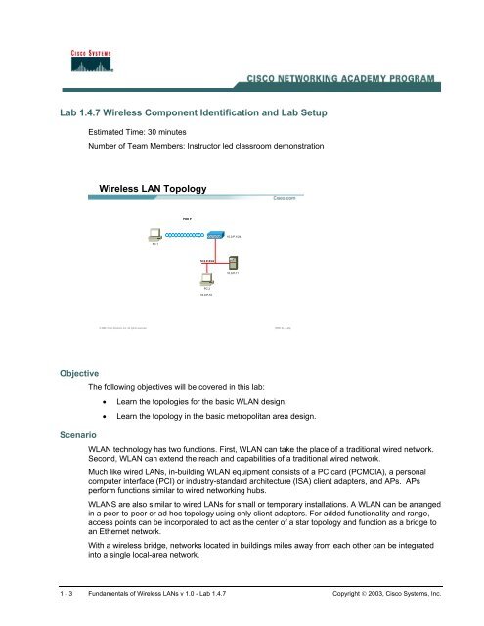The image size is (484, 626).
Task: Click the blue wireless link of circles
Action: point(181,236)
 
